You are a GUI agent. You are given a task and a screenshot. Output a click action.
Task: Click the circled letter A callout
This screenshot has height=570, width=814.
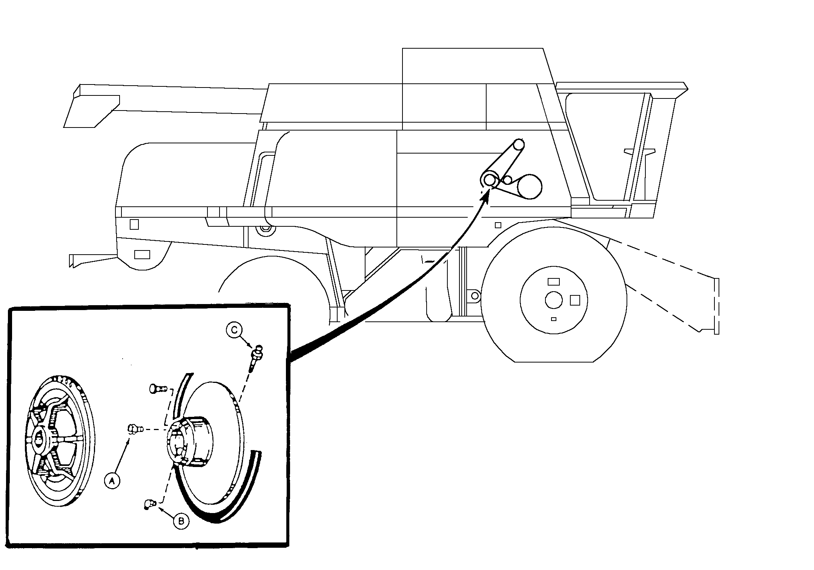(112, 480)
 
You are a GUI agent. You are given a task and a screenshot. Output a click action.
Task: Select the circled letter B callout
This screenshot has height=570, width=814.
(181, 521)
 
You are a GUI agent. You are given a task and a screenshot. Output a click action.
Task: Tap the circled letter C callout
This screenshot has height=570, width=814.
(234, 330)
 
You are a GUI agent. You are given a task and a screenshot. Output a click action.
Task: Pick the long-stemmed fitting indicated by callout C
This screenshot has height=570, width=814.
(257, 355)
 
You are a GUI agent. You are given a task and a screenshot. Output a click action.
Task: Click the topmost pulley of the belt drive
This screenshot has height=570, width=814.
(518, 144)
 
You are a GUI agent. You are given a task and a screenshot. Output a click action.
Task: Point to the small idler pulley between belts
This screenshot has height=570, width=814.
(508, 181)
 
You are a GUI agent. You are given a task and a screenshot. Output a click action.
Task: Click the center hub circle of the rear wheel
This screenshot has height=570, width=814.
(554, 300)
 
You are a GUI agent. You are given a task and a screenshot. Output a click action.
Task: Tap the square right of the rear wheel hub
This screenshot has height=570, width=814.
(575, 300)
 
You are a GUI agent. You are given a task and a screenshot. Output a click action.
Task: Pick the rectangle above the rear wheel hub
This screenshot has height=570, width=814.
(553, 281)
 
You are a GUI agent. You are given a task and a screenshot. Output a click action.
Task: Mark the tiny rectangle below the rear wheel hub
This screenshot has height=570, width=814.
(553, 319)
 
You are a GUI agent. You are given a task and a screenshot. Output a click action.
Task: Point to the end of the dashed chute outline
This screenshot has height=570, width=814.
(716, 306)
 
